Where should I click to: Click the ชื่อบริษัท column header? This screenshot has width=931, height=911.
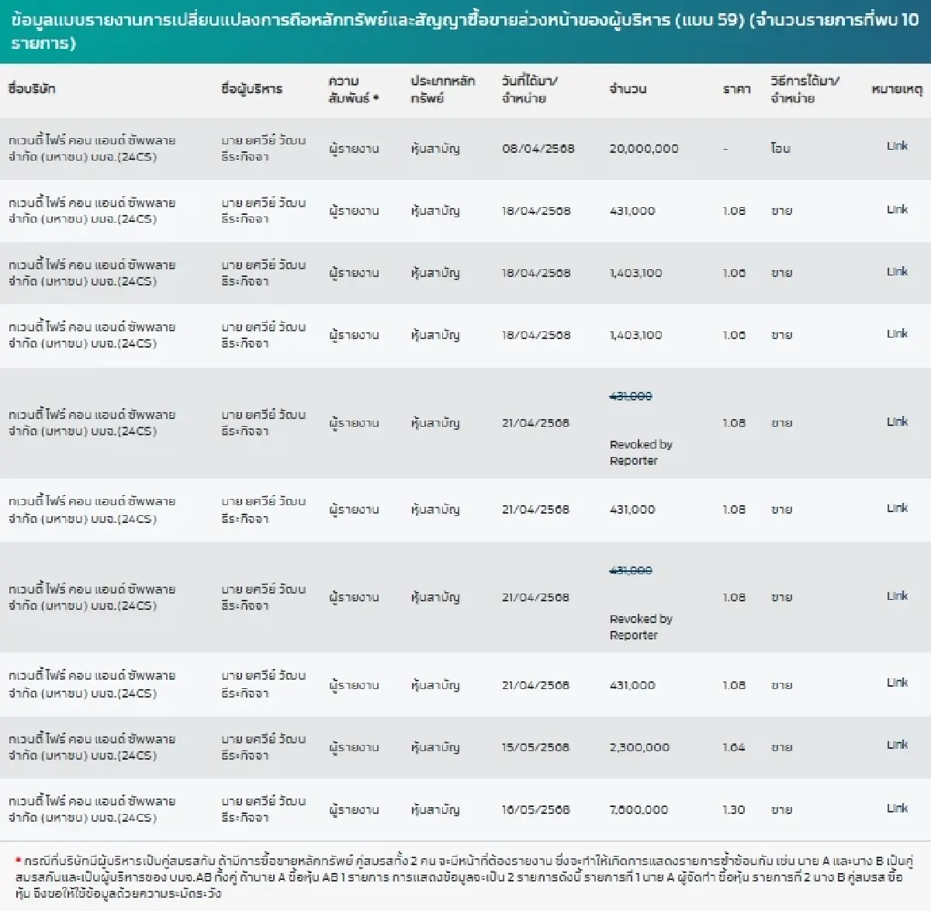pyautogui.click(x=32, y=88)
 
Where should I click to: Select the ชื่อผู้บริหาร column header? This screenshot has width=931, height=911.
pyautogui.click(x=251, y=88)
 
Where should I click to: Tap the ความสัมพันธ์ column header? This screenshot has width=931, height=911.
pyautogui.click(x=353, y=89)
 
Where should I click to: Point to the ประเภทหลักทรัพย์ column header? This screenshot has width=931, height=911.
pyautogui.click(x=442, y=89)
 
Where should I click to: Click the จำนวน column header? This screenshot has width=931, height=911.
pyautogui.click(x=628, y=88)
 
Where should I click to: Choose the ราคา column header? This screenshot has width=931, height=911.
pyautogui.click(x=736, y=89)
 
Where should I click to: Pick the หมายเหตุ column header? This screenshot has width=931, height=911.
pyautogui.click(x=897, y=88)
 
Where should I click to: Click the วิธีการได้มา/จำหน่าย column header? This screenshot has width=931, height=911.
pyautogui.click(x=805, y=89)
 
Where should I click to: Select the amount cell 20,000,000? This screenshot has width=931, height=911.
pyautogui.click(x=643, y=148)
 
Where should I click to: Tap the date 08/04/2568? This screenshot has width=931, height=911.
pyautogui.click(x=538, y=148)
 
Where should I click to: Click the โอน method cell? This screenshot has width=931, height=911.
pyautogui.click(x=780, y=148)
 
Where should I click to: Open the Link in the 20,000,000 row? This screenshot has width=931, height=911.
pyautogui.click(x=897, y=146)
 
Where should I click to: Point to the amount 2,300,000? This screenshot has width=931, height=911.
pyautogui.click(x=639, y=747)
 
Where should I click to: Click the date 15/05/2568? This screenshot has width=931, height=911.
pyautogui.click(x=535, y=747)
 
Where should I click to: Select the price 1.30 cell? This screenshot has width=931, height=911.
pyautogui.click(x=733, y=809)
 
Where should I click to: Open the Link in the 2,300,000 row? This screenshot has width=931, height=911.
pyautogui.click(x=897, y=745)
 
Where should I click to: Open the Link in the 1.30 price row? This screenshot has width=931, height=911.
pyautogui.click(x=897, y=808)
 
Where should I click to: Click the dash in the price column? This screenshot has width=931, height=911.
pyautogui.click(x=725, y=149)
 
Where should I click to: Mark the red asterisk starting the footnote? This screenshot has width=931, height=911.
pyautogui.click(x=18, y=861)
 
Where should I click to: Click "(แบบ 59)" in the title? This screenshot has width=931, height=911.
pyautogui.click(x=709, y=19)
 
